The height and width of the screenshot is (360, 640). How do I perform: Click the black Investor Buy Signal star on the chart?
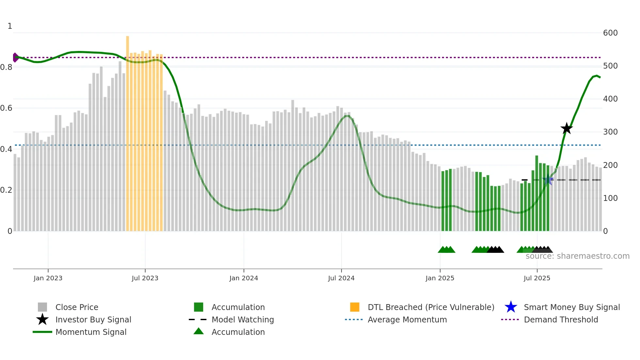pos(567,128)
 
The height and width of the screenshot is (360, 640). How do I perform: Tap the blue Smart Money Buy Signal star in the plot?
pos(548,180)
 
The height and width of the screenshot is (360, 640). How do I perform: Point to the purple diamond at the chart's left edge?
pos(15,57)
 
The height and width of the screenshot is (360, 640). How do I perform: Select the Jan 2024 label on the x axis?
pos(244,278)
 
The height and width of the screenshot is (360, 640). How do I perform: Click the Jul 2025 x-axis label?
pos(537,278)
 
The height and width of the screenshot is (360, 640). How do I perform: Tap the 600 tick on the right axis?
pos(610,33)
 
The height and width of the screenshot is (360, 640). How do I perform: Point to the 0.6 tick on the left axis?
pos(7,108)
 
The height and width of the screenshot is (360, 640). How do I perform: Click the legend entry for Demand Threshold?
pos(561,319)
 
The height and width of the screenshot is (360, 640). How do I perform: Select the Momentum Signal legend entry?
pos(91,332)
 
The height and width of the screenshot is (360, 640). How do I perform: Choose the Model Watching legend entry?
pos(242,319)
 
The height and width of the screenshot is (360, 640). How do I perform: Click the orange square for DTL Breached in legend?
pos(355,307)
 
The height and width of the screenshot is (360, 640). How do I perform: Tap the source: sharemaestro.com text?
pos(577,256)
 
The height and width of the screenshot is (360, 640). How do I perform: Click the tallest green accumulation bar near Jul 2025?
pos(537,193)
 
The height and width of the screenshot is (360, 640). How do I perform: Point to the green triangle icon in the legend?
pos(199,332)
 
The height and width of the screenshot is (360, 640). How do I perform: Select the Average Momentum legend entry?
pos(407,319)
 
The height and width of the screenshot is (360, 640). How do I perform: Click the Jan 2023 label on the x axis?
pos(48,278)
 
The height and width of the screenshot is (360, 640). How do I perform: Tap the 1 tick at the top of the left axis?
pos(10,26)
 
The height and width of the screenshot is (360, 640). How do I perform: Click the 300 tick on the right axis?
pos(610,132)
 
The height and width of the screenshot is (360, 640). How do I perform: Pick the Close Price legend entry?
pos(76,307)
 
